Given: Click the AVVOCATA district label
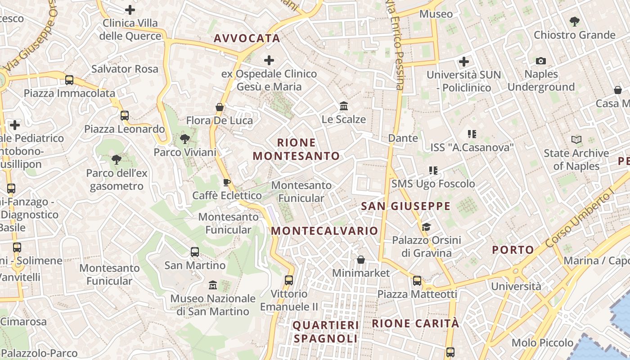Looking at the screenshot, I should tap(247, 39).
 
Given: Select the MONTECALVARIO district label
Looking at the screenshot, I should tap(324, 231).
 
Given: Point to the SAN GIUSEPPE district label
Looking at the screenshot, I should tap(405, 207).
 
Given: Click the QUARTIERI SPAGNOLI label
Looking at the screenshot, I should tap(326, 332).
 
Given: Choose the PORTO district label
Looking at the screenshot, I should tap(513, 250).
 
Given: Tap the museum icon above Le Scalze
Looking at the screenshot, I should tap(344, 106).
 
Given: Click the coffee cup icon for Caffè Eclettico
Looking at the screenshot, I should tap(227, 182).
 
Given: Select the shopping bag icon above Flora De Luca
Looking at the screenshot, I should tap(220, 107).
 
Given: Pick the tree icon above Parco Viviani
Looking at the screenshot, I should tap(184, 139).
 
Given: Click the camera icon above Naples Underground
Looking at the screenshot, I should tap(541, 61).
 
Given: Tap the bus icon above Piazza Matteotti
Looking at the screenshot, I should tap(417, 281).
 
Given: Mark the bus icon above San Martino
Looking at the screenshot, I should tap(195, 252).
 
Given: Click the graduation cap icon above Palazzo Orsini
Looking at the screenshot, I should tap(426, 227).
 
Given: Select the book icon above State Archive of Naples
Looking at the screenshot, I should tap(576, 139).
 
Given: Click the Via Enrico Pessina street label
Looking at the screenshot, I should tap(394, 45).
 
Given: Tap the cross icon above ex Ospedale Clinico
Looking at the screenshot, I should tap(269, 60).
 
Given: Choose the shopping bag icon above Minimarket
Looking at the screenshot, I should tap(360, 260).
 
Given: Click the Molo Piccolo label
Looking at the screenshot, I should tap(542, 343).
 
